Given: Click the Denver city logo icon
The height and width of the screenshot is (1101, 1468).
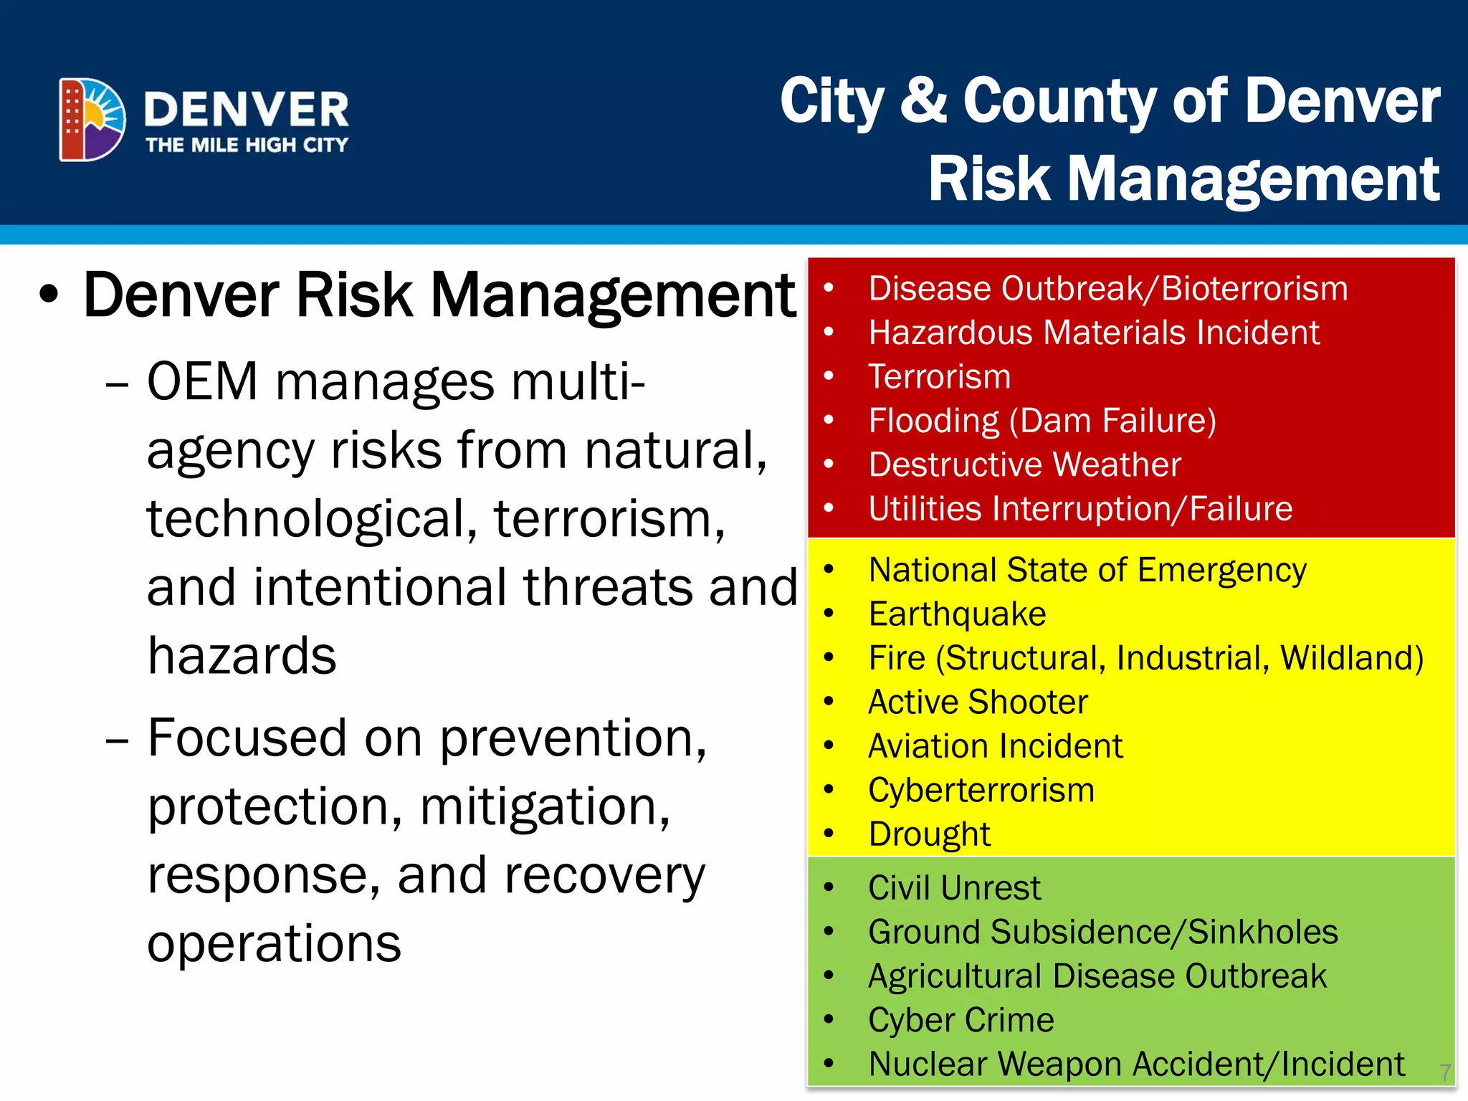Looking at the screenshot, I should click(92, 119).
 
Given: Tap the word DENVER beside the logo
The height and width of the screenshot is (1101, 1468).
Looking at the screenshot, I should click(246, 110).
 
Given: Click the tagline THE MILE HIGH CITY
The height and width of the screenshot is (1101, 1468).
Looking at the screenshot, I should click(247, 145).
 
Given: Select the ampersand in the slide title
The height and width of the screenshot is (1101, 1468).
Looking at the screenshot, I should click(923, 100).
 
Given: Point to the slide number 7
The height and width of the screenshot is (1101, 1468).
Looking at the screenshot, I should click(1445, 1072).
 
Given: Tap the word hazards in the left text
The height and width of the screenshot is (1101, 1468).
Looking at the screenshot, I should click(242, 655).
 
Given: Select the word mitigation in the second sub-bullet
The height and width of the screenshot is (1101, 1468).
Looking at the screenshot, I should click(545, 806).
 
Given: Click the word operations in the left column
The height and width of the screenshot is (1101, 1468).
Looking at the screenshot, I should click(274, 943).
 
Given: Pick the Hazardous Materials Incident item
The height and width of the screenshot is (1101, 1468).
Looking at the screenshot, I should click(1094, 333).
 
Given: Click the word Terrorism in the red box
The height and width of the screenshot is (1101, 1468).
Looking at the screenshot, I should click(940, 377).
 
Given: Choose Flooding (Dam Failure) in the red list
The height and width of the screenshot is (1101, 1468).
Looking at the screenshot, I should click(1042, 421).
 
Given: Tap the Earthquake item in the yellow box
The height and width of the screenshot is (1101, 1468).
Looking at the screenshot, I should click(957, 614).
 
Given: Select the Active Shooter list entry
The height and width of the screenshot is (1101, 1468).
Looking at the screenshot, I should click(978, 702).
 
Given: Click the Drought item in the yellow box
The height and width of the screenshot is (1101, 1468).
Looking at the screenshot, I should click(929, 834).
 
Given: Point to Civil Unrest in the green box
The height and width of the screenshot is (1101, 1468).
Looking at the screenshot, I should click(954, 888).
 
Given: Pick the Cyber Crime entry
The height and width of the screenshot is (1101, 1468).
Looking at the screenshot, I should click(961, 1020).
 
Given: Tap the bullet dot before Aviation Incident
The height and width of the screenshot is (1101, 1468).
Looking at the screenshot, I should click(829, 745).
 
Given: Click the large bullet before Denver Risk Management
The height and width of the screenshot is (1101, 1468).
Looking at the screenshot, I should click(49, 295).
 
